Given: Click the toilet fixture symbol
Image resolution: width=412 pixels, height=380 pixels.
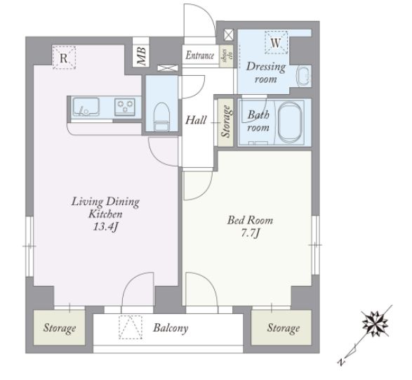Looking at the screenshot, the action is point(161,117).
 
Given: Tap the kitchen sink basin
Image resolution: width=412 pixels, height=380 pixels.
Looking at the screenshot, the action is point(86,107).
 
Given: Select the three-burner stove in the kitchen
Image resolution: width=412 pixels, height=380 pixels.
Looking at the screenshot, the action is point(125,107).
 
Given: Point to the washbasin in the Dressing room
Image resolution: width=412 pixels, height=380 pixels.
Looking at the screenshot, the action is point(304,76).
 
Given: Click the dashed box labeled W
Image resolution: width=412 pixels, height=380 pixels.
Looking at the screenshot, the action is point(276,43).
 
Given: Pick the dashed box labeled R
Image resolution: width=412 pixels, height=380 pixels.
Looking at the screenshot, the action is point(64,58).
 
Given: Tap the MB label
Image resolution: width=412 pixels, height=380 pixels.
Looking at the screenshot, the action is point(141,56).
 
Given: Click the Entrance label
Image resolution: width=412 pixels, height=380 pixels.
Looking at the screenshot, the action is point(200,55).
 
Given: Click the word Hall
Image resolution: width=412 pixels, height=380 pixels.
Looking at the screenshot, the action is point(196,120).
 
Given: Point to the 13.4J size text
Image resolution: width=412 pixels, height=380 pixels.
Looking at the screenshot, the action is point(105,227).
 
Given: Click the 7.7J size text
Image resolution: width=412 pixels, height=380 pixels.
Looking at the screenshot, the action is point(251,233).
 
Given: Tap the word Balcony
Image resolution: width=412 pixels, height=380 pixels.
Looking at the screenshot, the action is point(171,328).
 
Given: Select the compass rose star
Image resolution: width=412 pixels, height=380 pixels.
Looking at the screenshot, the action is point(376,324).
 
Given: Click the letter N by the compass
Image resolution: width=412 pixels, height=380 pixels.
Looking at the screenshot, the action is point(341,362).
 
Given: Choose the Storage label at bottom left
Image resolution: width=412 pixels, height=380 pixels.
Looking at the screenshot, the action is point(60,328).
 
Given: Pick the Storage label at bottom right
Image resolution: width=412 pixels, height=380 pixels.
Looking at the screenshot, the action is point(284,328).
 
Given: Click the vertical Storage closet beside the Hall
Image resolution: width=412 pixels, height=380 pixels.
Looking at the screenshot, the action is point(225,122).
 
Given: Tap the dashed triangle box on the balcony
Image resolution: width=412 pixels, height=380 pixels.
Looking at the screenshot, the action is point(131,327).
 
